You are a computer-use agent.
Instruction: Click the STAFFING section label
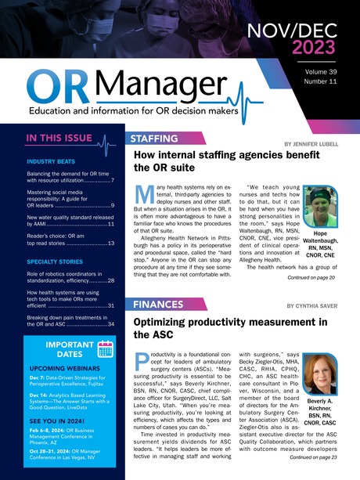pos(154,139)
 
